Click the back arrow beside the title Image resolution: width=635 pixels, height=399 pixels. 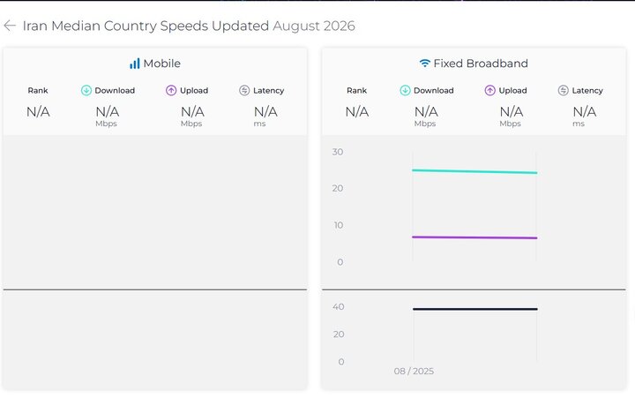[x=10, y=26]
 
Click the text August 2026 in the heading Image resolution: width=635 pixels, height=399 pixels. [x=314, y=26]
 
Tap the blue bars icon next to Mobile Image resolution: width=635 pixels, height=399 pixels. [x=134, y=64]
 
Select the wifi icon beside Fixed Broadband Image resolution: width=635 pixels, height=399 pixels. [x=424, y=63]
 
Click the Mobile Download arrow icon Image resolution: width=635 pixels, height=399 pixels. [x=86, y=90]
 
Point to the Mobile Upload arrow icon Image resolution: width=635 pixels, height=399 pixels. [x=171, y=90]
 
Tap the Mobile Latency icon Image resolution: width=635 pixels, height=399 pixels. [x=244, y=90]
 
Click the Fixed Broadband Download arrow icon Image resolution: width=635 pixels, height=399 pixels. [x=405, y=90]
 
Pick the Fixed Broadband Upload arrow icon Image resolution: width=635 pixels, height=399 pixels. [x=490, y=90]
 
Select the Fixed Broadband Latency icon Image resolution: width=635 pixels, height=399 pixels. [x=564, y=90]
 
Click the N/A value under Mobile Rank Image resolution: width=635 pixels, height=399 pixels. [x=38, y=111]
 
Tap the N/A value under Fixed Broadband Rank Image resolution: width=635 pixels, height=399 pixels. [x=357, y=111]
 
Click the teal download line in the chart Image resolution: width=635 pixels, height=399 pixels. [x=474, y=171]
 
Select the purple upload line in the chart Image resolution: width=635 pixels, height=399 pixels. [x=474, y=237]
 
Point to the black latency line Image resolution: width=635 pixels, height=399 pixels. [x=475, y=309]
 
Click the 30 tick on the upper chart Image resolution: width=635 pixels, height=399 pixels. [x=338, y=152]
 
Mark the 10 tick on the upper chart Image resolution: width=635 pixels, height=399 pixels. [x=339, y=225]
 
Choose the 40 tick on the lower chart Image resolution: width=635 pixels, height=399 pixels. [x=339, y=307]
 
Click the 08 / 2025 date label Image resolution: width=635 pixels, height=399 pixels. [x=414, y=371]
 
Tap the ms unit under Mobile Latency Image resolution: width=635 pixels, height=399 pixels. [x=259, y=124]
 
